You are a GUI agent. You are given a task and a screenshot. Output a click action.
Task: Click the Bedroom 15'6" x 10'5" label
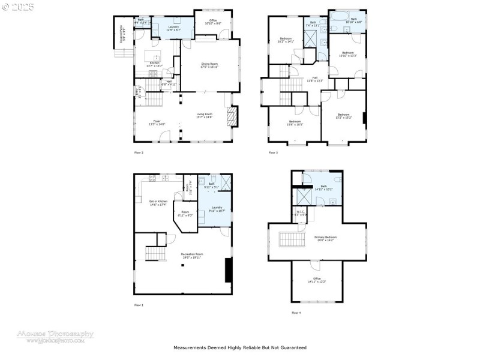pyautogui.click(x=295, y=123)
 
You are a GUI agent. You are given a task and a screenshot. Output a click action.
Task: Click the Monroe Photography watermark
pyautogui.click(x=60, y=336)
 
